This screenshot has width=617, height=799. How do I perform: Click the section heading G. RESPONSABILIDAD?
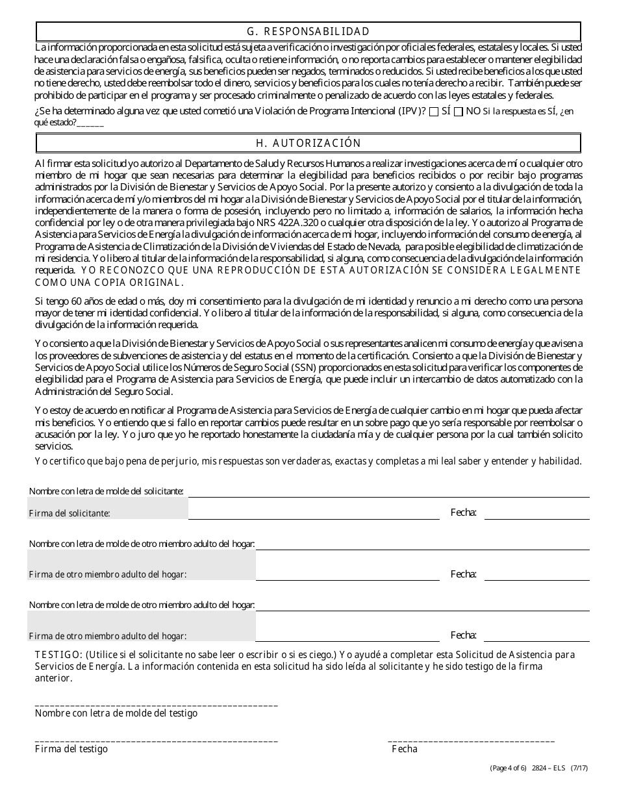(x=308, y=31)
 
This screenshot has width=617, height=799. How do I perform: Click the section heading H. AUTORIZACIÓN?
(x=308, y=143)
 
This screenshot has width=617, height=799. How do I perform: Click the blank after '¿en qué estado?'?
(x=90, y=123)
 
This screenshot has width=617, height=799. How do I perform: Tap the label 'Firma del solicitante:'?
(x=69, y=514)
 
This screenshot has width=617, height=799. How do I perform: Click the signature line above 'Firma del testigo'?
(x=156, y=740)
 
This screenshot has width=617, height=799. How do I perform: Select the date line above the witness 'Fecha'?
(x=471, y=740)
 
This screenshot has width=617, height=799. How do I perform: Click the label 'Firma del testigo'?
(x=71, y=749)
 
